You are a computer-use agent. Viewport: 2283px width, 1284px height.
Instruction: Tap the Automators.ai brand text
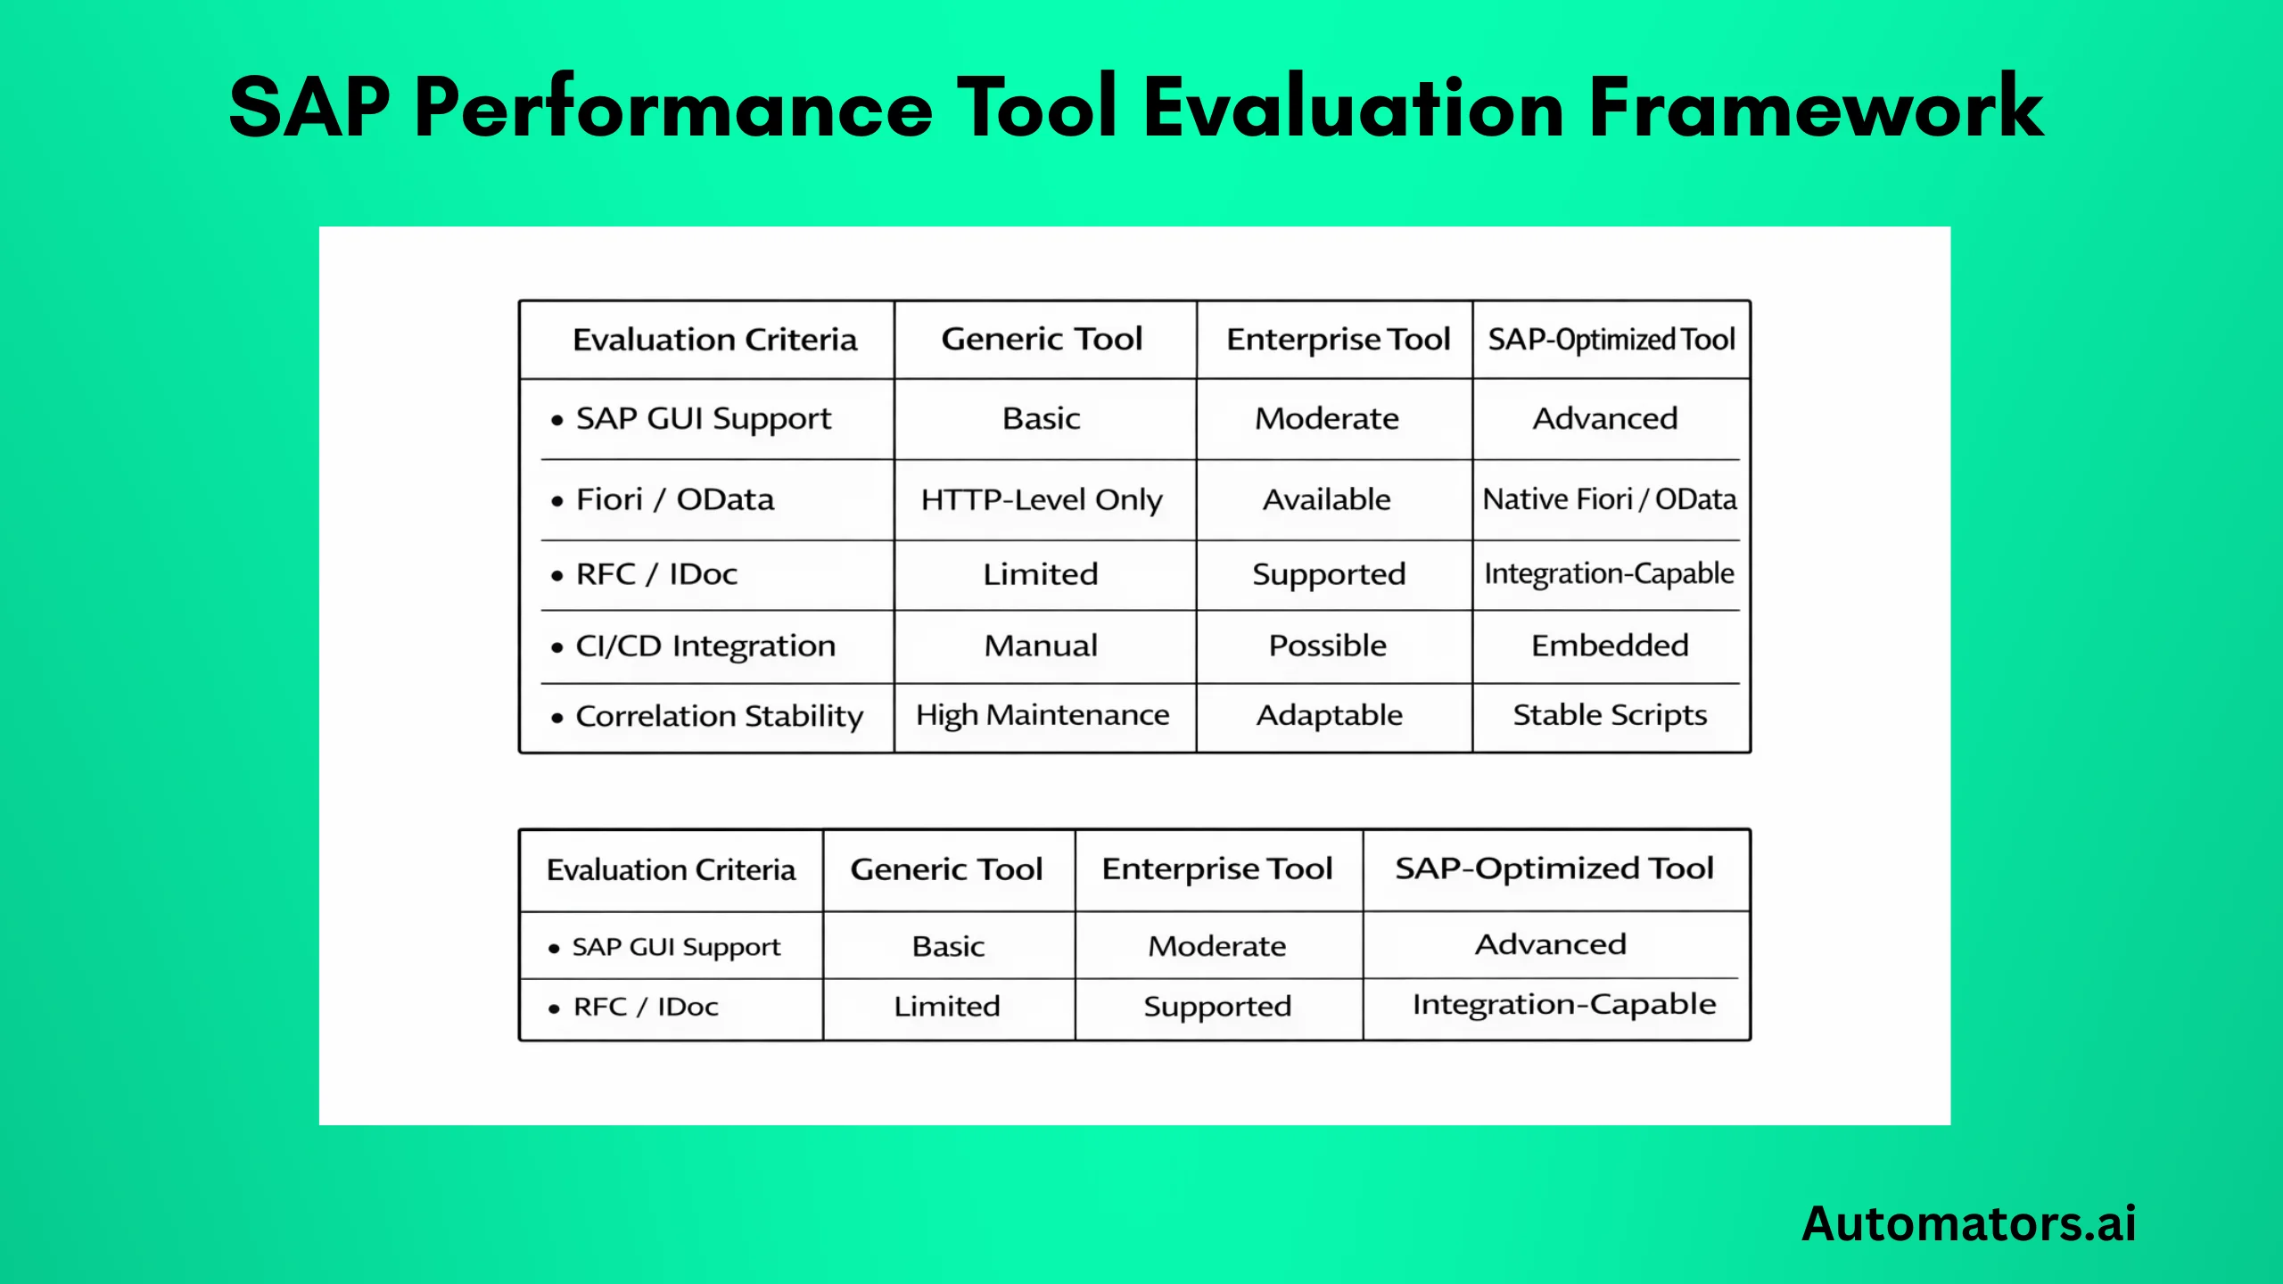1968,1223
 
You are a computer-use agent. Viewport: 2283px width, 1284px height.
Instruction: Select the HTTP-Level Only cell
1042,499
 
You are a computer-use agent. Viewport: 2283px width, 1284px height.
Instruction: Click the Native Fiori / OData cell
1610,499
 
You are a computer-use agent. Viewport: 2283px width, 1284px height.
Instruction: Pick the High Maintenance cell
1042,715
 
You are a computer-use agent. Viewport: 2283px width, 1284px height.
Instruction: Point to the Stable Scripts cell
1610,715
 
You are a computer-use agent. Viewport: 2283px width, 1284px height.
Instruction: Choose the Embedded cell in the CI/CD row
1610,646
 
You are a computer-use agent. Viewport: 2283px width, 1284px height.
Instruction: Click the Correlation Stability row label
719,716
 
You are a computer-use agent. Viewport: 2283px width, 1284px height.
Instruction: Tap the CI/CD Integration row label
705,646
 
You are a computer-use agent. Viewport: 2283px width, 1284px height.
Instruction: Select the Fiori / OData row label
675,499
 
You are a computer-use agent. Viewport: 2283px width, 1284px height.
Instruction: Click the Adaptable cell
1329,715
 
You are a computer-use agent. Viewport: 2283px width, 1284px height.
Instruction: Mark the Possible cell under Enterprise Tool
1328,646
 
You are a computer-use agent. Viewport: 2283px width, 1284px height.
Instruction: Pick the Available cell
1327,499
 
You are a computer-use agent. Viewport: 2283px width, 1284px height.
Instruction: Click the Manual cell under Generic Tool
1041,646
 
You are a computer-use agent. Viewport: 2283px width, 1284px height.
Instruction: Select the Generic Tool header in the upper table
1042,339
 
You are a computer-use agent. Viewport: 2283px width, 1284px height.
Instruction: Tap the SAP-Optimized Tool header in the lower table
1554,868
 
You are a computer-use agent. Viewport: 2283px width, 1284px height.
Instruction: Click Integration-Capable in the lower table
1564,1005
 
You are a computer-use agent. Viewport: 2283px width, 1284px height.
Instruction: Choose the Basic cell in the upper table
1041,418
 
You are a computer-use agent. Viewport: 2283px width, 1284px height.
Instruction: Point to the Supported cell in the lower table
1217,1007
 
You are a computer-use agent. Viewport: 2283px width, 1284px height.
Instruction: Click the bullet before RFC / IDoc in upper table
557,576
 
